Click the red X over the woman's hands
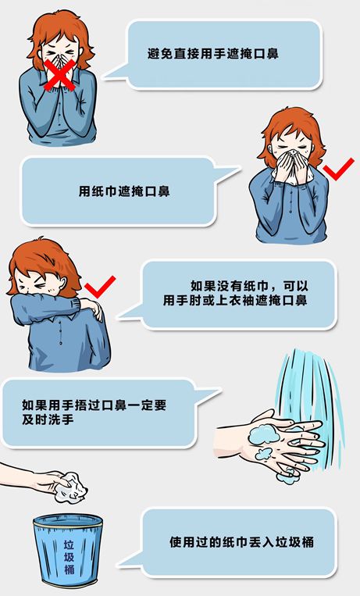click(x=59, y=75)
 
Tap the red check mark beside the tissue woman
click(x=337, y=170)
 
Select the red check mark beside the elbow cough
click(x=100, y=287)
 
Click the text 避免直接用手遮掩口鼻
click(x=213, y=53)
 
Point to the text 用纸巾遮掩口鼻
click(x=124, y=191)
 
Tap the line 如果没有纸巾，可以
click(x=249, y=286)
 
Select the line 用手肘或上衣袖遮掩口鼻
click(x=235, y=300)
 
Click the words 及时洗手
click(x=48, y=419)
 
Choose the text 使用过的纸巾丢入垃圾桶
click(x=241, y=542)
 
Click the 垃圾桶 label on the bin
click(x=69, y=557)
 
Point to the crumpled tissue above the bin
click(x=70, y=487)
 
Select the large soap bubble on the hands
click(x=263, y=434)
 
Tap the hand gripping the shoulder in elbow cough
click(x=92, y=306)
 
